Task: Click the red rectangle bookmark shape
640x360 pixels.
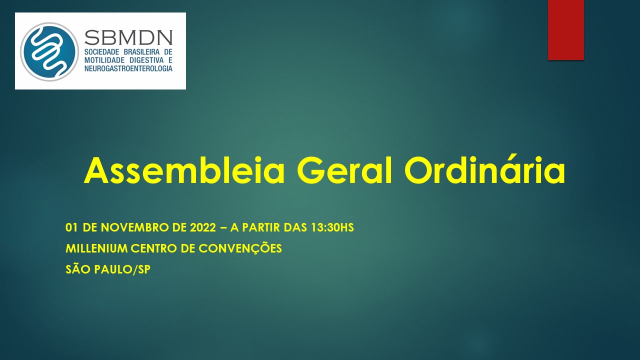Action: point(565,29)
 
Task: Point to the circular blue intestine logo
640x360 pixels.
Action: point(49,51)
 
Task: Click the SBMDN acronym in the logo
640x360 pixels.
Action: point(128,37)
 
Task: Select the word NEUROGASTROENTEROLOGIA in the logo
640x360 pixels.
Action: point(128,68)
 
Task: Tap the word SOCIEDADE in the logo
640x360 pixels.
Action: point(101,52)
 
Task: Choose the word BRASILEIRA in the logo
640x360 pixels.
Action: point(141,52)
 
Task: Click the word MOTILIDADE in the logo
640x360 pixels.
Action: point(104,60)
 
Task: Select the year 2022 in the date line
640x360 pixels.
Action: point(203,227)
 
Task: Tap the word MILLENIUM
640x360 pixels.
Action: point(96,248)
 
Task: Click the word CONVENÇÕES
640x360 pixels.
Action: point(240,248)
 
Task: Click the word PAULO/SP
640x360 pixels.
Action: point(122,269)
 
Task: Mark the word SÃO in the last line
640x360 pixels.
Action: point(78,269)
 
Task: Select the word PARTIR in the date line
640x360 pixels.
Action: point(261,227)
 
